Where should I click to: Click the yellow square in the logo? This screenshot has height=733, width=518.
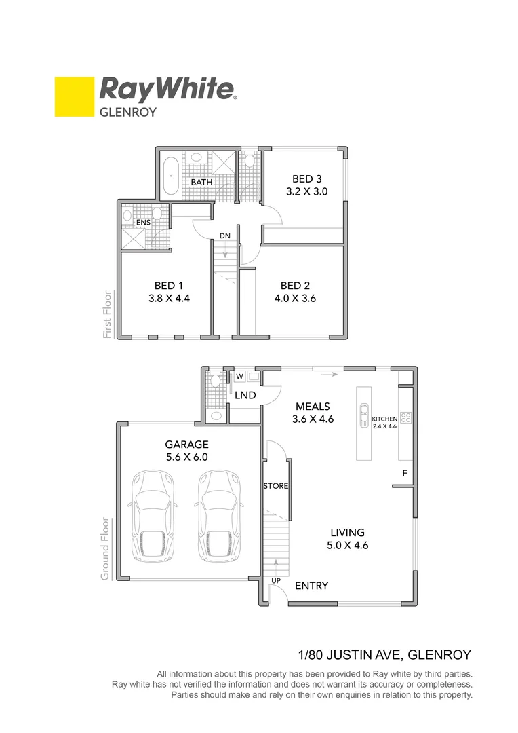click(74, 96)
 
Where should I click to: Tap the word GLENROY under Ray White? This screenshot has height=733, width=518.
click(128, 111)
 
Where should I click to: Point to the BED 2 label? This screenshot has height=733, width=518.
click(295, 285)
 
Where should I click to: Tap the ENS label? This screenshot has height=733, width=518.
click(143, 222)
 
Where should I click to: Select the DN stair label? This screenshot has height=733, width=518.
click(225, 236)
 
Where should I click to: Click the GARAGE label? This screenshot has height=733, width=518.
click(186, 445)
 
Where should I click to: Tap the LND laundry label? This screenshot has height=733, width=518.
click(244, 394)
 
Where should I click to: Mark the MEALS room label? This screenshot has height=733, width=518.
click(313, 407)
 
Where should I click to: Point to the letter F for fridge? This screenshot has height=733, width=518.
click(405, 472)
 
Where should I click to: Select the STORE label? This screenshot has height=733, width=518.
click(276, 486)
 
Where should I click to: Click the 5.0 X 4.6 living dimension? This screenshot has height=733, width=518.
click(348, 545)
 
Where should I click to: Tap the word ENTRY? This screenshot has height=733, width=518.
click(312, 586)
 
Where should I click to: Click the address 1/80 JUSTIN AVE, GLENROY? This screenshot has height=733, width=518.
click(384, 655)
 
